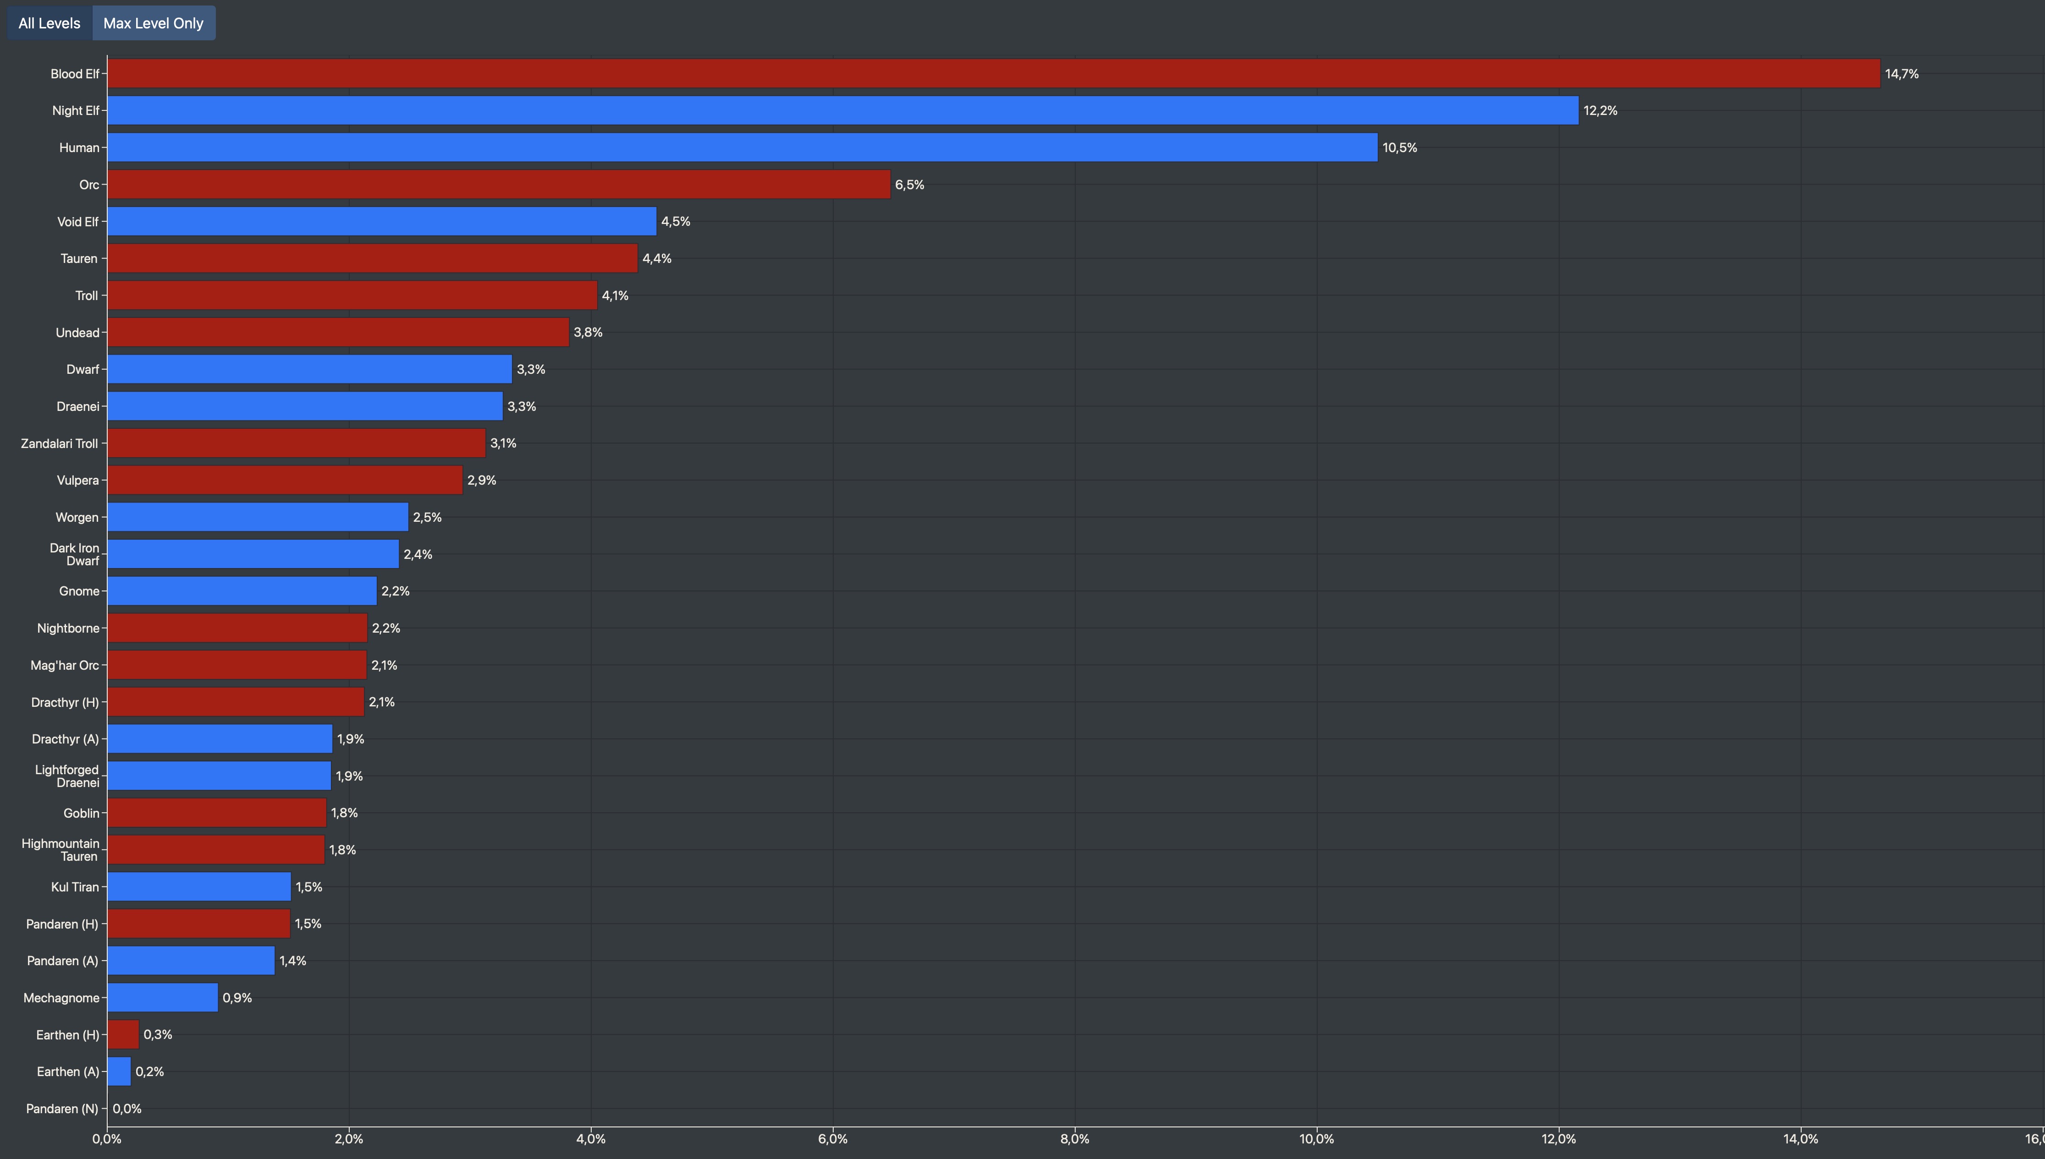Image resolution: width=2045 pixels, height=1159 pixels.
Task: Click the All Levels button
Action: click(49, 23)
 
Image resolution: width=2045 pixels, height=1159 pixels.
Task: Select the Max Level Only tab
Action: click(153, 23)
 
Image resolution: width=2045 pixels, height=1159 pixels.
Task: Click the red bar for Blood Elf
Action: click(993, 73)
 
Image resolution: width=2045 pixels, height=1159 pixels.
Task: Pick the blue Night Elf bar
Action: click(842, 111)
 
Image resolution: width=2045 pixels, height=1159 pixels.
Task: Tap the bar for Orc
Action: click(499, 185)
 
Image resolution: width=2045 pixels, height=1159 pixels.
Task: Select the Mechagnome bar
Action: click(162, 997)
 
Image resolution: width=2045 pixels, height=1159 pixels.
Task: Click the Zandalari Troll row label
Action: click(60, 443)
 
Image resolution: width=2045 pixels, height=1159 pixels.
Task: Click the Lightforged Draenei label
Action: click(67, 776)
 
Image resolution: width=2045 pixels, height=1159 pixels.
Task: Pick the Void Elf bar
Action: click(381, 221)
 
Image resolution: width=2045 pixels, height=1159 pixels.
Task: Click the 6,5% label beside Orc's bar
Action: click(909, 185)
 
